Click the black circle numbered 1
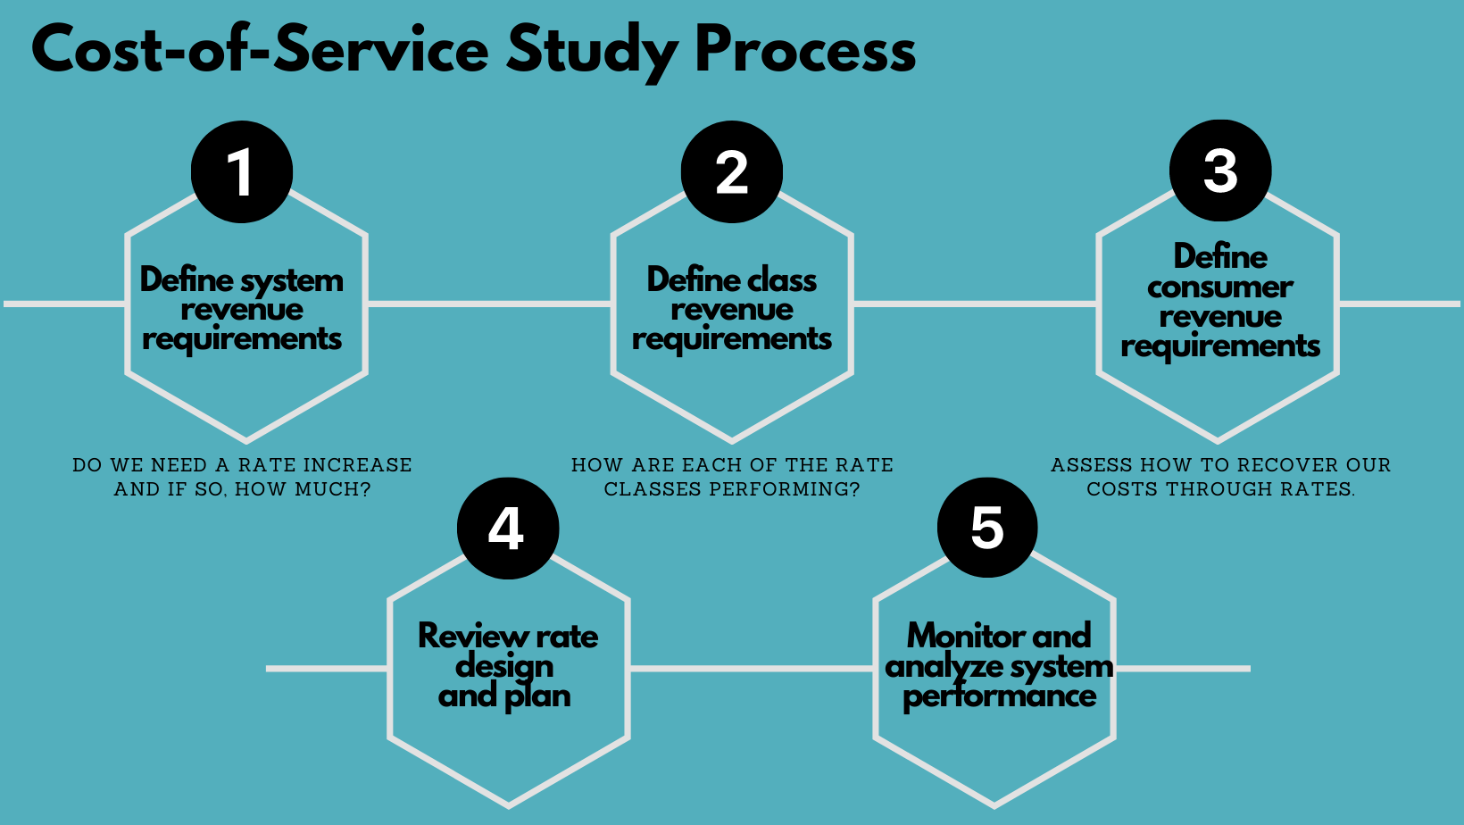(242, 172)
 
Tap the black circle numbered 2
(732, 172)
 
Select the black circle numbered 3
(1220, 171)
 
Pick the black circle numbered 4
(508, 529)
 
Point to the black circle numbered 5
(987, 527)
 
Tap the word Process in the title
(804, 50)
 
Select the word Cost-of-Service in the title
(260, 50)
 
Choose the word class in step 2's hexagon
(782, 279)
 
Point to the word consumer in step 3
(1220, 287)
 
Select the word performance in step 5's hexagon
(999, 696)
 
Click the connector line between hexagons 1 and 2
(489, 304)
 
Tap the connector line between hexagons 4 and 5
(752, 668)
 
